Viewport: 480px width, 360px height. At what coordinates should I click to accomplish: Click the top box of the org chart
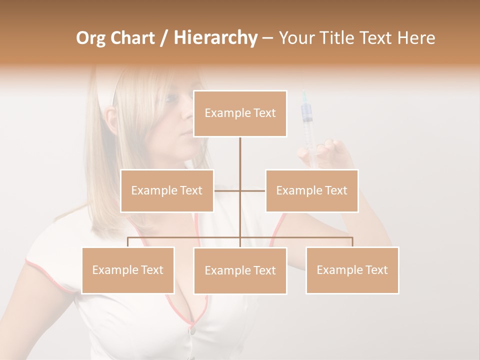pos(240,113)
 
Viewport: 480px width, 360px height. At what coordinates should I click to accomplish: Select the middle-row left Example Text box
pos(167,190)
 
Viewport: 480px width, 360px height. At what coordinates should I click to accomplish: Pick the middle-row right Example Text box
pos(311,190)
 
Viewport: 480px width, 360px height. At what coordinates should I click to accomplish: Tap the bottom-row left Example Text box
pos(128,270)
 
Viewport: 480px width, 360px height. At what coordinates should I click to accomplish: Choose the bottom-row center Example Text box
pos(240,270)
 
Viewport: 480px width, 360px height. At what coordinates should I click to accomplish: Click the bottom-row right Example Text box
pos(352,270)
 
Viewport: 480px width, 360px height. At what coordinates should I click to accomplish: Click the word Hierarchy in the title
pos(215,38)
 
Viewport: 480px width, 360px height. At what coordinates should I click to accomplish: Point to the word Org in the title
pos(91,38)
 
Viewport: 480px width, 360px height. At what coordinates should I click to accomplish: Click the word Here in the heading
pos(416,38)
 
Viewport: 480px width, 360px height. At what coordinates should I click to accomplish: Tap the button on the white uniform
pos(191,330)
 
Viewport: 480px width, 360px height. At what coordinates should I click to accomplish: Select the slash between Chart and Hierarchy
pos(164,38)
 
